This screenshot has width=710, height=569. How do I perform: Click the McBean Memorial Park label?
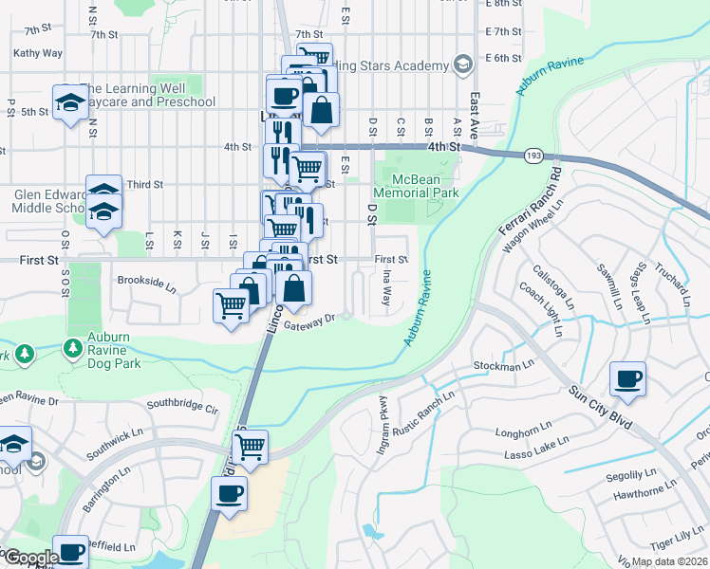[417, 184]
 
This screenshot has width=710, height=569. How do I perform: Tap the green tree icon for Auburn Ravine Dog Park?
[73, 350]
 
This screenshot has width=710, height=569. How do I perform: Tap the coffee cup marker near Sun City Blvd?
[627, 379]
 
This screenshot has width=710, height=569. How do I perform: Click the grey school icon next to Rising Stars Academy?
[463, 65]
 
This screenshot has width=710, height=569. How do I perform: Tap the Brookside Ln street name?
[147, 282]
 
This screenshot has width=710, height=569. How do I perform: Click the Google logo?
[30, 559]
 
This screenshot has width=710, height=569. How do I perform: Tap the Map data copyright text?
[669, 561]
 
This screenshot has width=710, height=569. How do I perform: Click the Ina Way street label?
[386, 285]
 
